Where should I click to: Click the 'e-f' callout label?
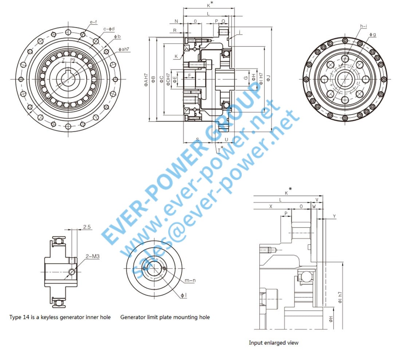[93, 22]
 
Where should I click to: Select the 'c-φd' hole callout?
[109, 29]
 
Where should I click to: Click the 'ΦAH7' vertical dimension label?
[146, 79]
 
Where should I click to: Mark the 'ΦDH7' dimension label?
[168, 79]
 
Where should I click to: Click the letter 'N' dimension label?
[176, 21]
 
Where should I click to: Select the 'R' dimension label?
[175, 31]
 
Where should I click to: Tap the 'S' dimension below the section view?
[197, 139]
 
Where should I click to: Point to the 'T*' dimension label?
[220, 149]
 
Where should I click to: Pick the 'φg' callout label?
[372, 35]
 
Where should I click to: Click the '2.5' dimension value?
[87, 227]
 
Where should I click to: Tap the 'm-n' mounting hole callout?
[190, 280]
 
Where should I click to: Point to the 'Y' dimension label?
[334, 217]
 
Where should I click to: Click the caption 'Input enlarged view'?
[274, 343]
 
